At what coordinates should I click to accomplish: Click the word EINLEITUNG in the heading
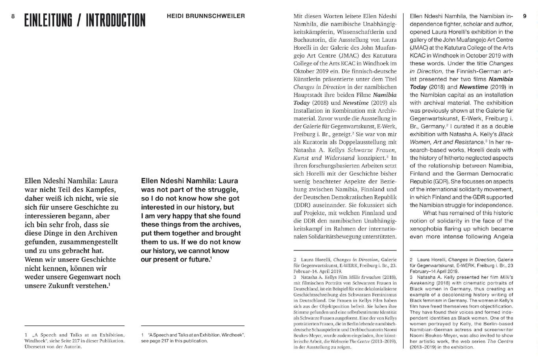tap(48, 20)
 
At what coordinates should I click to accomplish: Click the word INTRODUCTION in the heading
tap(115, 20)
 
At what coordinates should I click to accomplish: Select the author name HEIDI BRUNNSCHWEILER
tap(206, 16)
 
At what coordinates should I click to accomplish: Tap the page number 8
tap(13, 16)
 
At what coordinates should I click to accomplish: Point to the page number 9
tap(525, 16)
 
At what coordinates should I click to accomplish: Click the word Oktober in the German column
tap(304, 71)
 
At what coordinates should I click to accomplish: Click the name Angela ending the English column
tap(501, 237)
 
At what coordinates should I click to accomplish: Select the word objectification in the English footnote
tap(494, 306)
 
